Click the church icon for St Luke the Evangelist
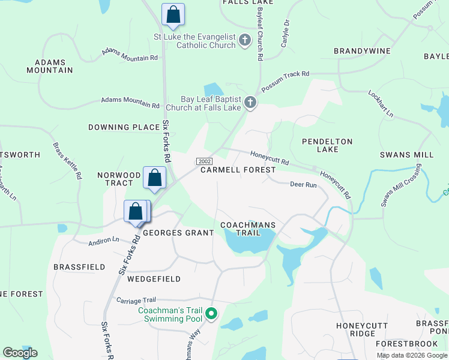244,40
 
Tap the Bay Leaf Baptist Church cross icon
250,104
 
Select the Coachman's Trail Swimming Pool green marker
211,314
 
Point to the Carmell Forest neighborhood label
238,170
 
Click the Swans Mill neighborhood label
406,155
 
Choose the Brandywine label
362,51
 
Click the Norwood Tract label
118,179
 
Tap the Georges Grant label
178,233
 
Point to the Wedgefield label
154,279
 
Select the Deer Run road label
303,185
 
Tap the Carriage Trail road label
136,300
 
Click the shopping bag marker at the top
173,15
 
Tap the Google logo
20,353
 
